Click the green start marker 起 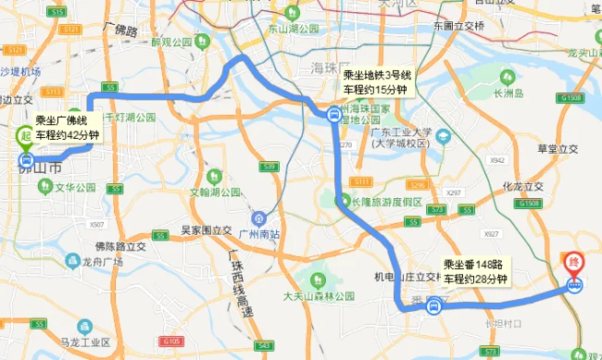tap(23, 136)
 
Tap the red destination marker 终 tap(575, 264)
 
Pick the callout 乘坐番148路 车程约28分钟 tap(476, 271)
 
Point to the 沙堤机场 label tap(21, 71)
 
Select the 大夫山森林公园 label tap(318, 296)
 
